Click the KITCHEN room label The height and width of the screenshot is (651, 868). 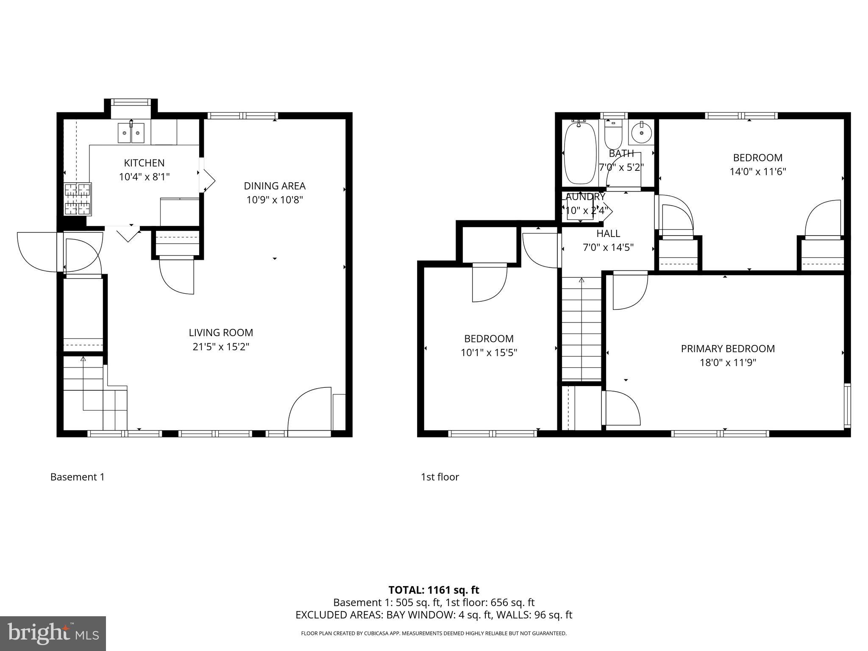click(144, 163)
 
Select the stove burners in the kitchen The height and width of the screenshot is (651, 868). click(78, 199)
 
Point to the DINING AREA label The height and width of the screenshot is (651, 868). click(274, 186)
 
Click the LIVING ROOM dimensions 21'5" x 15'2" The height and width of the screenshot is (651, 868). click(221, 347)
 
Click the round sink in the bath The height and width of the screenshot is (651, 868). click(641, 133)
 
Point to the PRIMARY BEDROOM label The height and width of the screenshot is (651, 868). click(728, 348)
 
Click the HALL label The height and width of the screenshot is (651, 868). click(608, 233)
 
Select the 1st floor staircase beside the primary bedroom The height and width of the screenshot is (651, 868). click(581, 328)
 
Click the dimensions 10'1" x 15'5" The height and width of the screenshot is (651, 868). click(489, 352)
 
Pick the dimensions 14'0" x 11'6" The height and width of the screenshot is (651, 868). click(757, 172)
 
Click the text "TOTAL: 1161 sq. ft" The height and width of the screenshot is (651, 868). click(434, 590)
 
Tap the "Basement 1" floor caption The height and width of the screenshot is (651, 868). click(77, 477)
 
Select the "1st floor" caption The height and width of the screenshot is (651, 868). click(440, 477)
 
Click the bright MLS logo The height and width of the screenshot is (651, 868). click(53, 633)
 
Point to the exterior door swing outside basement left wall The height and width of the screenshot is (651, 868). click(37, 252)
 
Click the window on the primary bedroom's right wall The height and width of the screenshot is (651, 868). click(847, 404)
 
